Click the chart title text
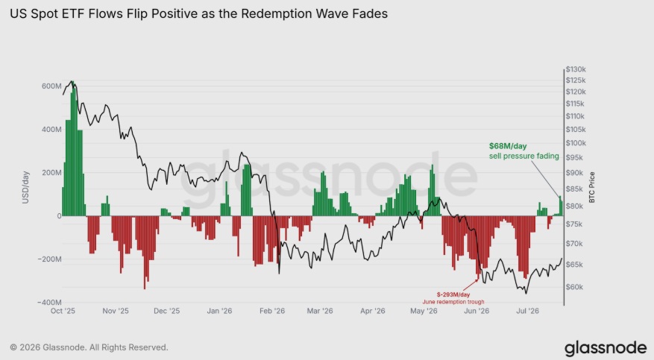point(198,13)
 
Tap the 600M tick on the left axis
point(51,86)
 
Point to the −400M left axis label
point(50,302)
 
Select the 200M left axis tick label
point(51,172)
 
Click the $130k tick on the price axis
point(576,69)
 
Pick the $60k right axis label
point(574,287)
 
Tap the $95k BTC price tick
point(574,157)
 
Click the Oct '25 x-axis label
point(63,311)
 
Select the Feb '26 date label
point(272,311)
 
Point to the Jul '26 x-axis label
point(528,311)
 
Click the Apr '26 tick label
point(372,311)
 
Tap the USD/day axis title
point(25,188)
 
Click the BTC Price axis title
point(592,188)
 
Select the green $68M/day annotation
point(508,146)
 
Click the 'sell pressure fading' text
point(523,156)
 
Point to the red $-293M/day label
point(453,294)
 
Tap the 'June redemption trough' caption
point(453,302)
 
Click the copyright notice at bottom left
point(89,347)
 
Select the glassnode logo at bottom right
point(606,348)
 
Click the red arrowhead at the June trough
point(477,280)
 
